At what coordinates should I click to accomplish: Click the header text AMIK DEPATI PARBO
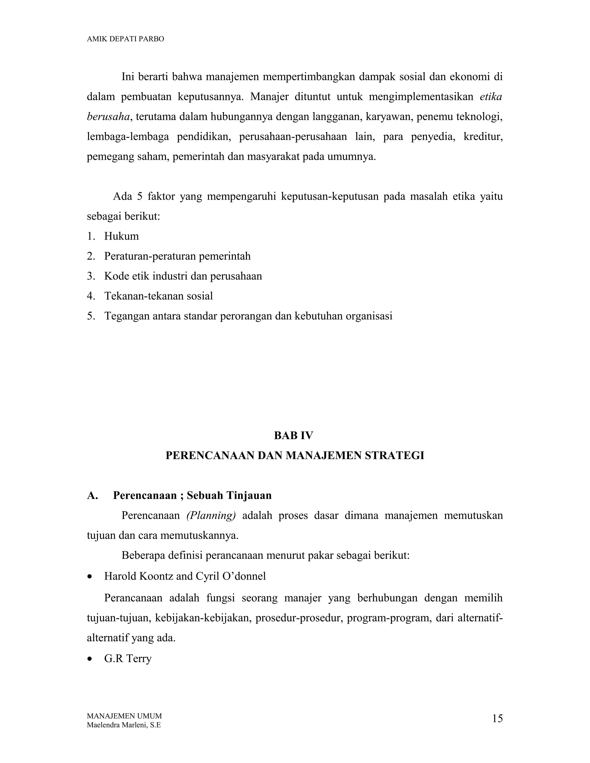point(125,39)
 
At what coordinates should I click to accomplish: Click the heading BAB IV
point(294,436)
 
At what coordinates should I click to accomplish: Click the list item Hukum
point(121,236)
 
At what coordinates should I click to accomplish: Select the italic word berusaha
point(108,117)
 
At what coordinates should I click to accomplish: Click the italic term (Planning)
point(211,516)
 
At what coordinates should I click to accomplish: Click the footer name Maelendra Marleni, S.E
point(124,725)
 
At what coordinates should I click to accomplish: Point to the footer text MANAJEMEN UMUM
point(124,716)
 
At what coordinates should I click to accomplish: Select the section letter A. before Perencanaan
point(92,496)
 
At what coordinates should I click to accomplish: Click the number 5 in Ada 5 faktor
point(139,197)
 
